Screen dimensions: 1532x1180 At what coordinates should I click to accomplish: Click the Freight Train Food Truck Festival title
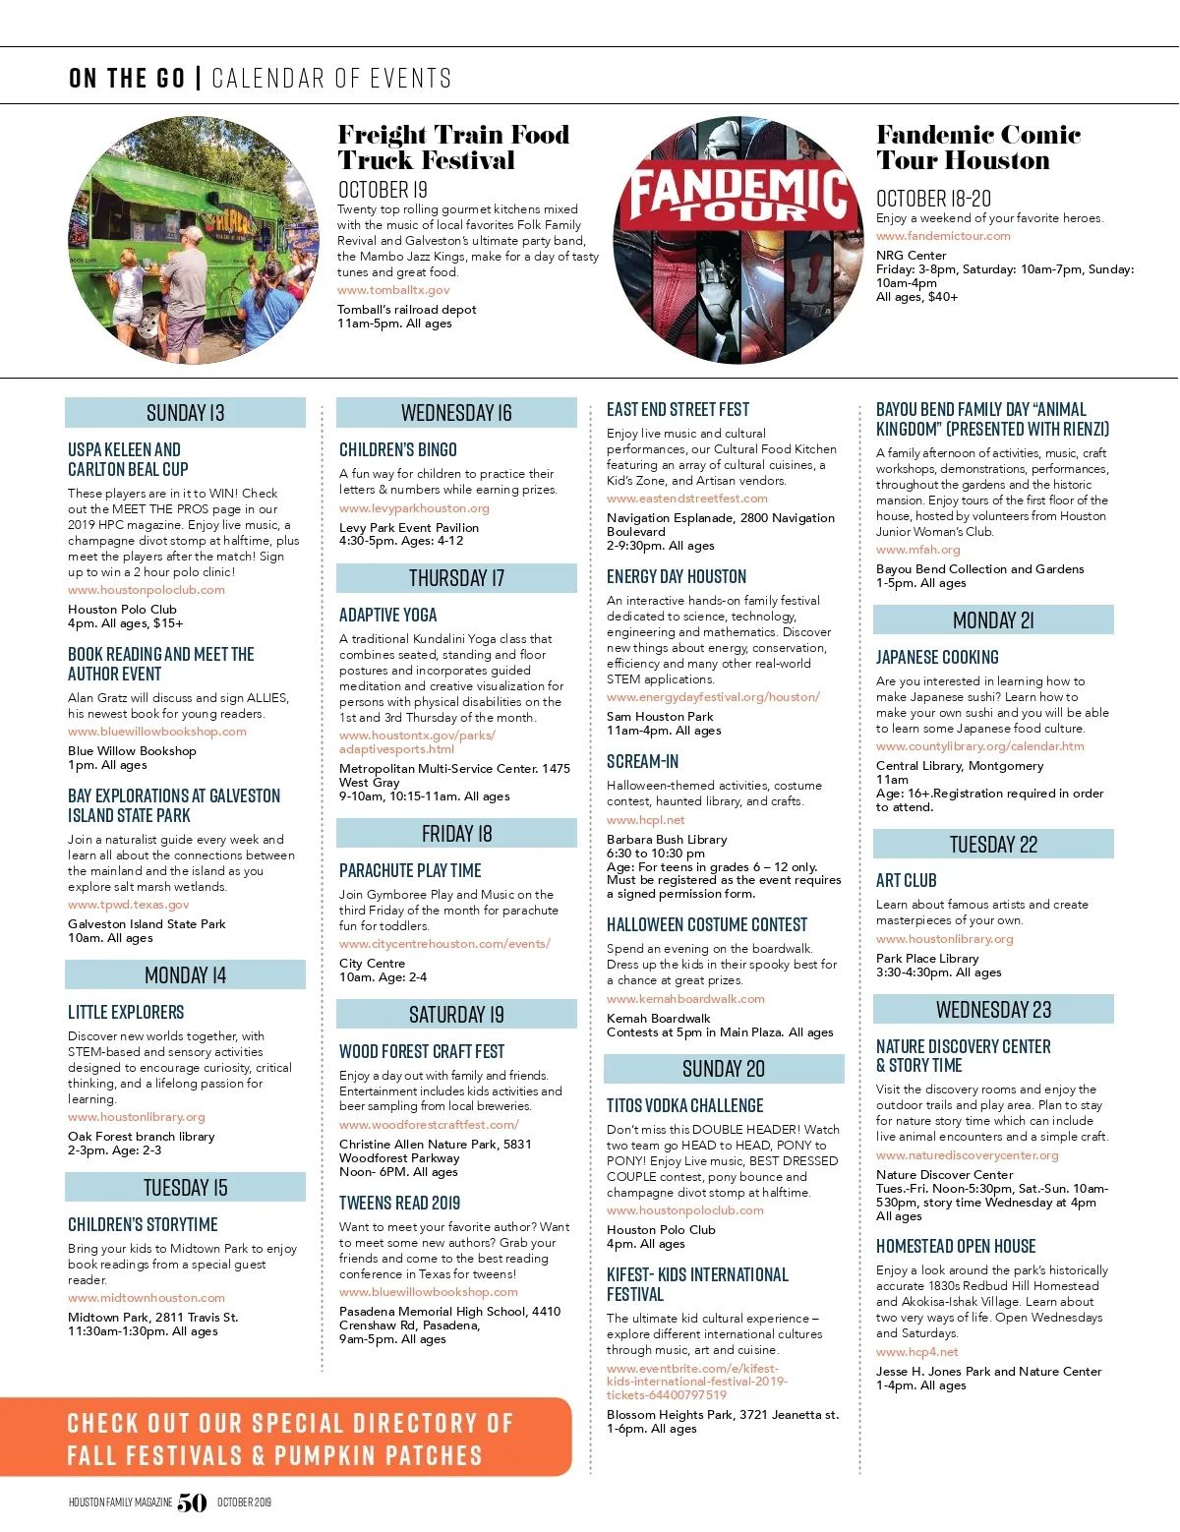[x=453, y=147]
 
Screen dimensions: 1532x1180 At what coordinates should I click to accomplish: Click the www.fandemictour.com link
[x=943, y=236]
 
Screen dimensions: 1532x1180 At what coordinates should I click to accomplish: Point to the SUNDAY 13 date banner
[x=185, y=413]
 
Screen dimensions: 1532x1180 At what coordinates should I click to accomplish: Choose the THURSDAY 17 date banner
[x=456, y=578]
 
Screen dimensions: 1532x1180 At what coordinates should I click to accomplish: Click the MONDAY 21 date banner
[x=993, y=620]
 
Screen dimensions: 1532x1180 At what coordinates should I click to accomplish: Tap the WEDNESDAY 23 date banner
[x=993, y=1010]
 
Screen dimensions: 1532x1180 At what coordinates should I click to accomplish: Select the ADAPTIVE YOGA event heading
[x=388, y=616]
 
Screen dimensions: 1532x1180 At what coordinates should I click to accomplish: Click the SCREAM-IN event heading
[x=642, y=762]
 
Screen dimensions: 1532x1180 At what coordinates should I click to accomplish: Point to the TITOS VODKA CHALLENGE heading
[x=684, y=1106]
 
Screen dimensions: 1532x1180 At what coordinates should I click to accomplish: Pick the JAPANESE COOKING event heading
[x=937, y=658]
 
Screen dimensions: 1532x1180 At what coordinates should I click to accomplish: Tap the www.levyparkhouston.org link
[x=414, y=508]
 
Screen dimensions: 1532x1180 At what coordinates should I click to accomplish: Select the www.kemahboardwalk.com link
[x=685, y=999]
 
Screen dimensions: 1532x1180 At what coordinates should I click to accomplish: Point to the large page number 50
[x=192, y=1503]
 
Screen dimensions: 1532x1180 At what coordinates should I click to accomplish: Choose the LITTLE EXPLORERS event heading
[x=126, y=1013]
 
